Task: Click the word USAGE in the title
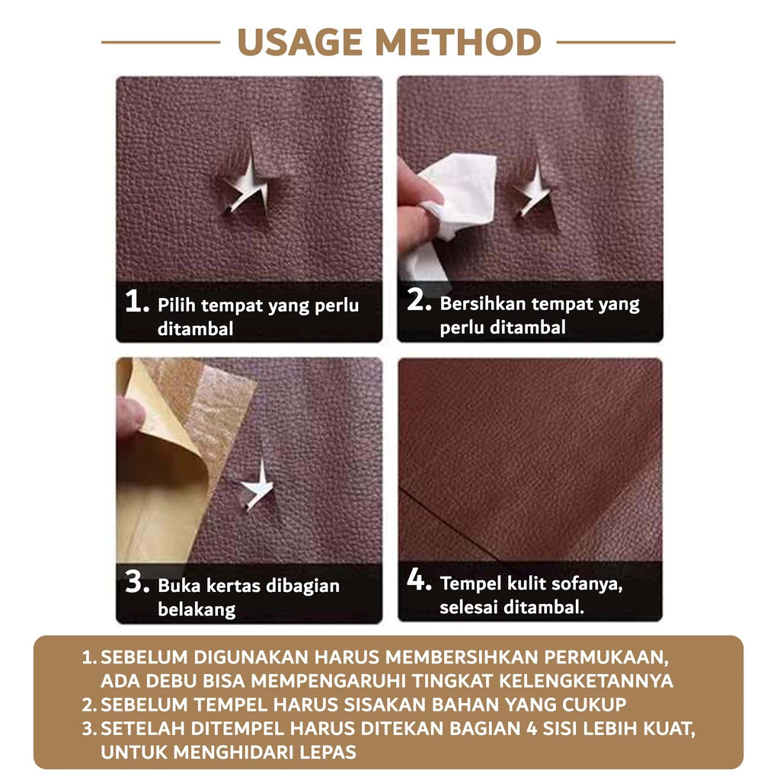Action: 300,43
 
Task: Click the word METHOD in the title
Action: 458,43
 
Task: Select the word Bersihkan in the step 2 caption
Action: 482,303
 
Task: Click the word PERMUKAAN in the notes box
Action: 606,657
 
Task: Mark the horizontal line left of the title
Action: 161,43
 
